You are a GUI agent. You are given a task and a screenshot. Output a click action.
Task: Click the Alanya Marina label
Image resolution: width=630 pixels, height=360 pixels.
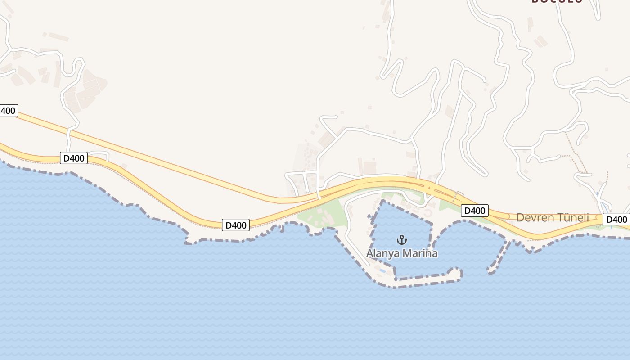[x=402, y=253]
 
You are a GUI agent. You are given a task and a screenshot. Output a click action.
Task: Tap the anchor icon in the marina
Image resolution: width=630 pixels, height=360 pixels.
[x=402, y=239]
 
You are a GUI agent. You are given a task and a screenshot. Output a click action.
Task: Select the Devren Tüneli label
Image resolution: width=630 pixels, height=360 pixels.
[x=553, y=218]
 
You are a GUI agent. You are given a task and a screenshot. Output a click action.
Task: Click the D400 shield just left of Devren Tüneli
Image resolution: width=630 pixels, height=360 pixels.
[x=474, y=211]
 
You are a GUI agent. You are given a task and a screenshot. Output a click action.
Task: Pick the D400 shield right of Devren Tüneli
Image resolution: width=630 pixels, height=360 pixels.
[x=616, y=220]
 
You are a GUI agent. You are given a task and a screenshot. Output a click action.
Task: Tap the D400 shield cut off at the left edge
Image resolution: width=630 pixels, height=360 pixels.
[x=8, y=111]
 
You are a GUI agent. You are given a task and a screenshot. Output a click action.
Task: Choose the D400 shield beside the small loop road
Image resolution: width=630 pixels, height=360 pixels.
[x=73, y=158]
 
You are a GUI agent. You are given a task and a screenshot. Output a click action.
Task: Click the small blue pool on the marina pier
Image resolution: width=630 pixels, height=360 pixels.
[x=382, y=270]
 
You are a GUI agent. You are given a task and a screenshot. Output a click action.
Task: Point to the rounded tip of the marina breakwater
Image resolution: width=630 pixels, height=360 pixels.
[x=458, y=273]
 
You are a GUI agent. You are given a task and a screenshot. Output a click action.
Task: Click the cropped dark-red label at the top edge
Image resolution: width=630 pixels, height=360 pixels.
[x=557, y=1]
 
